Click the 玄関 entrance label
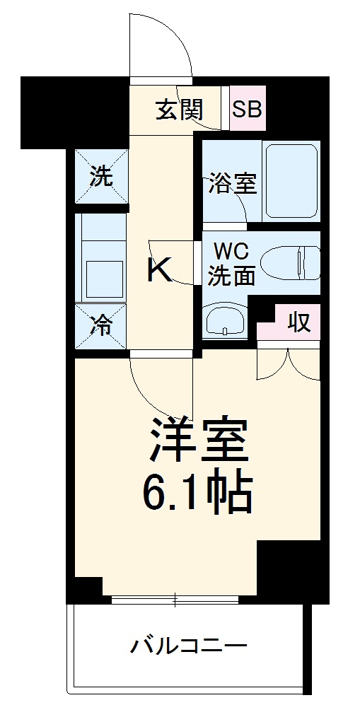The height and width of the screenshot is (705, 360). coord(180,109)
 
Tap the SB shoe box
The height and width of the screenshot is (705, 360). coord(248,109)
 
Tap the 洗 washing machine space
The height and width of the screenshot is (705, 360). coord(101,177)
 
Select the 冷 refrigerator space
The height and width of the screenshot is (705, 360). coord(101,326)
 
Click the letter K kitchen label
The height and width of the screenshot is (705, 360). coord(159,269)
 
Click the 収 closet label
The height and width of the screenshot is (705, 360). coord(298,322)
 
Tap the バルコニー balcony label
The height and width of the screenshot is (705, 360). coord(188,645)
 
